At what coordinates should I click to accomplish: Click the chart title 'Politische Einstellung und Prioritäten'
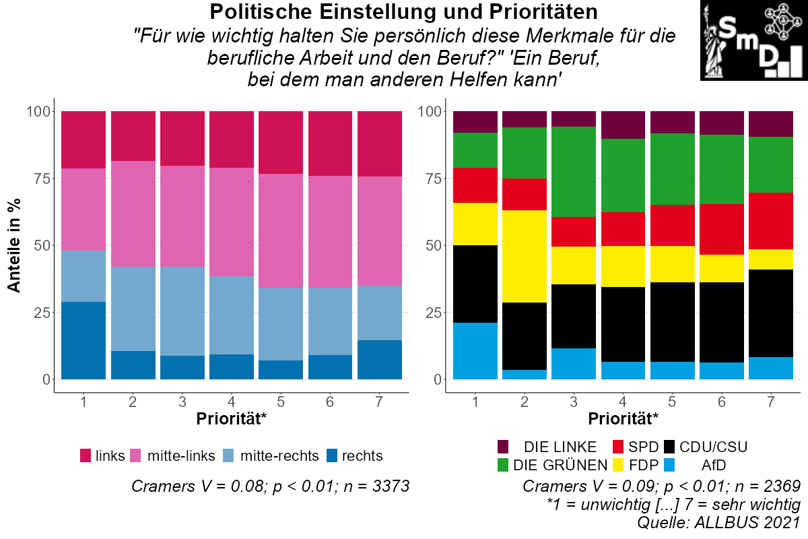tap(403, 12)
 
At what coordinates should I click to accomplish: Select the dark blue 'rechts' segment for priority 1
tap(83, 340)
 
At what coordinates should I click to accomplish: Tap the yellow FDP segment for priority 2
tap(524, 256)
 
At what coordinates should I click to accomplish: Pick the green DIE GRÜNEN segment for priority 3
tap(574, 171)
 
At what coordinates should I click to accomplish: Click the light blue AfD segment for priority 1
tap(475, 351)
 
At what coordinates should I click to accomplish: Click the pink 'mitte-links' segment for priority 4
tap(232, 222)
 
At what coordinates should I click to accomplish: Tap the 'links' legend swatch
tap(86, 456)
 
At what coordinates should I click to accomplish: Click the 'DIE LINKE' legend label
tap(560, 447)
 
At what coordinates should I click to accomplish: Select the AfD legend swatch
tap(671, 464)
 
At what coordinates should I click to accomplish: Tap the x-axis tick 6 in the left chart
tap(331, 402)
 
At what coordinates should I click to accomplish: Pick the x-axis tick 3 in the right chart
tap(574, 402)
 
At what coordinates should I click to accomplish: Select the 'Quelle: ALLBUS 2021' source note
tap(718, 522)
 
